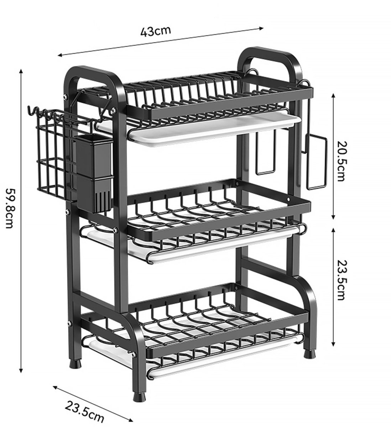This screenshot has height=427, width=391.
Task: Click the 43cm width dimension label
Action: click(x=156, y=31)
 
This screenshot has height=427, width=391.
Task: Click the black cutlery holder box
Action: click(x=94, y=174)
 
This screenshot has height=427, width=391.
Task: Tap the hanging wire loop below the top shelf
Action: click(x=266, y=153)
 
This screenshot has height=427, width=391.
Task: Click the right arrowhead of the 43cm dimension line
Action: click(x=262, y=28)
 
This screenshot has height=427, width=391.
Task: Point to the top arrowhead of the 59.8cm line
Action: click(x=21, y=71)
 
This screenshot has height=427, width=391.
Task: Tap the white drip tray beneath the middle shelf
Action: click(x=192, y=245)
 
